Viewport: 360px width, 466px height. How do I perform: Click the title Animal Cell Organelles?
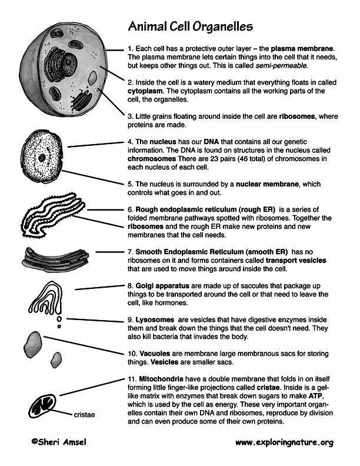[x=191, y=26]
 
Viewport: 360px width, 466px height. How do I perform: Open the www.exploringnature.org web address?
[x=284, y=442]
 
